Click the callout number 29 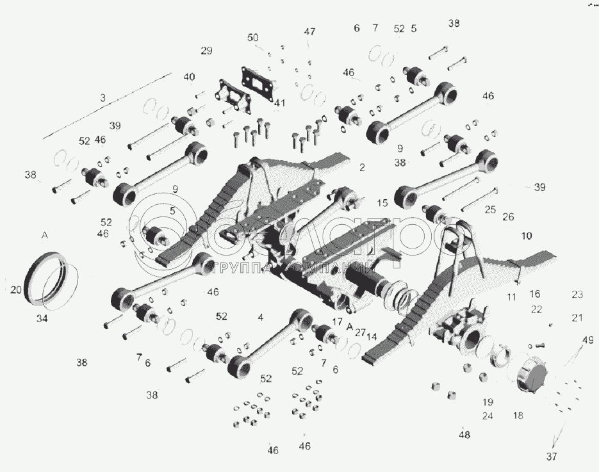[x=206, y=51]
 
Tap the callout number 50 [x=254, y=38]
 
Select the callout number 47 [x=310, y=31]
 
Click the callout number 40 [x=189, y=77]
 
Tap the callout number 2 [x=362, y=168]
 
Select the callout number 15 [x=382, y=203]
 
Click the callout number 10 [x=527, y=236]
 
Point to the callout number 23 [x=578, y=295]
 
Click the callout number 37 [x=552, y=457]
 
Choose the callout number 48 [x=464, y=435]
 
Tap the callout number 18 [x=518, y=415]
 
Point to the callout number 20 [x=16, y=290]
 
